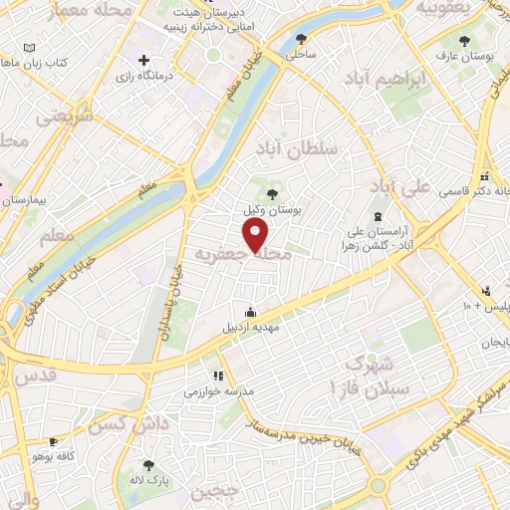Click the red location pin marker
[256, 234]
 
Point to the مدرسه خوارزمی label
[218, 391]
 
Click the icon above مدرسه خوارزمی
[217, 376]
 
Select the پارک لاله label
[149, 481]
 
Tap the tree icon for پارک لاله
[149, 464]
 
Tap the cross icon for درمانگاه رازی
[144, 60]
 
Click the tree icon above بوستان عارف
[464, 41]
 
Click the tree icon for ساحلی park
[302, 40]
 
